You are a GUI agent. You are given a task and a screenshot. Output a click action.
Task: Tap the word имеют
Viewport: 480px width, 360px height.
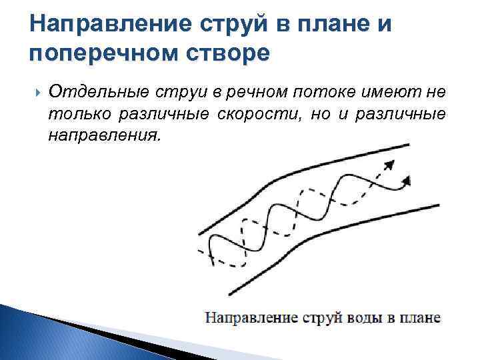(386, 91)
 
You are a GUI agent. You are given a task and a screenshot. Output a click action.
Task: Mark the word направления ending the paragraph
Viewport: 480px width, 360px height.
(104, 135)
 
